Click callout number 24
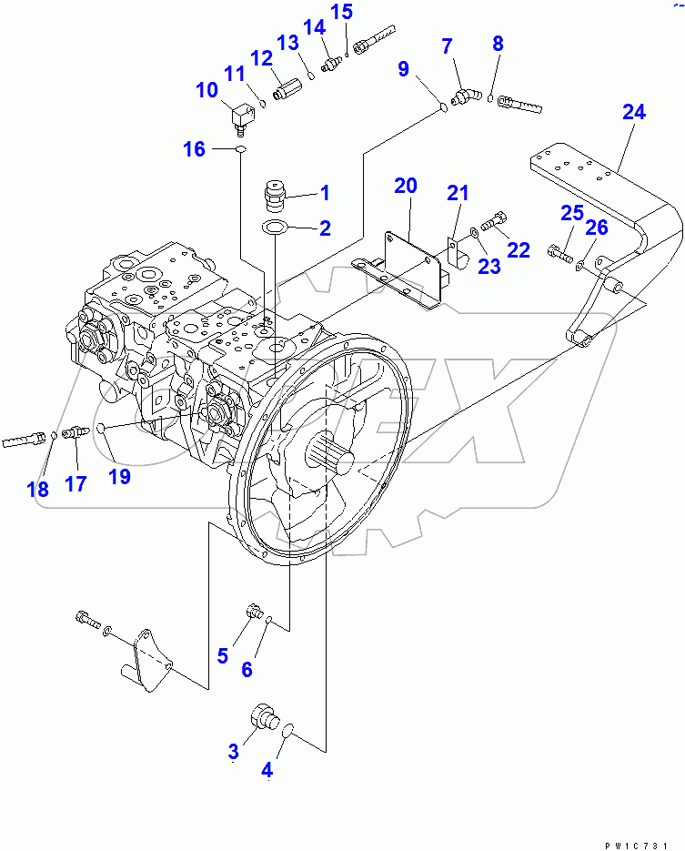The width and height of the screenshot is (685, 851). point(634,113)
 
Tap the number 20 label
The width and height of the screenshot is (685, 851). point(405,187)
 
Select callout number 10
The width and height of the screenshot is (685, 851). point(207,90)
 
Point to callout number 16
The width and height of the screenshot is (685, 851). point(194,149)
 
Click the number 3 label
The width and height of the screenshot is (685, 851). point(233,751)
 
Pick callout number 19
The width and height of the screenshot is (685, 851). point(118,475)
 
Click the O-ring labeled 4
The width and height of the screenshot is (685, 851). point(287,730)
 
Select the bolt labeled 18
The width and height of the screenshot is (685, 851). point(25,441)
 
